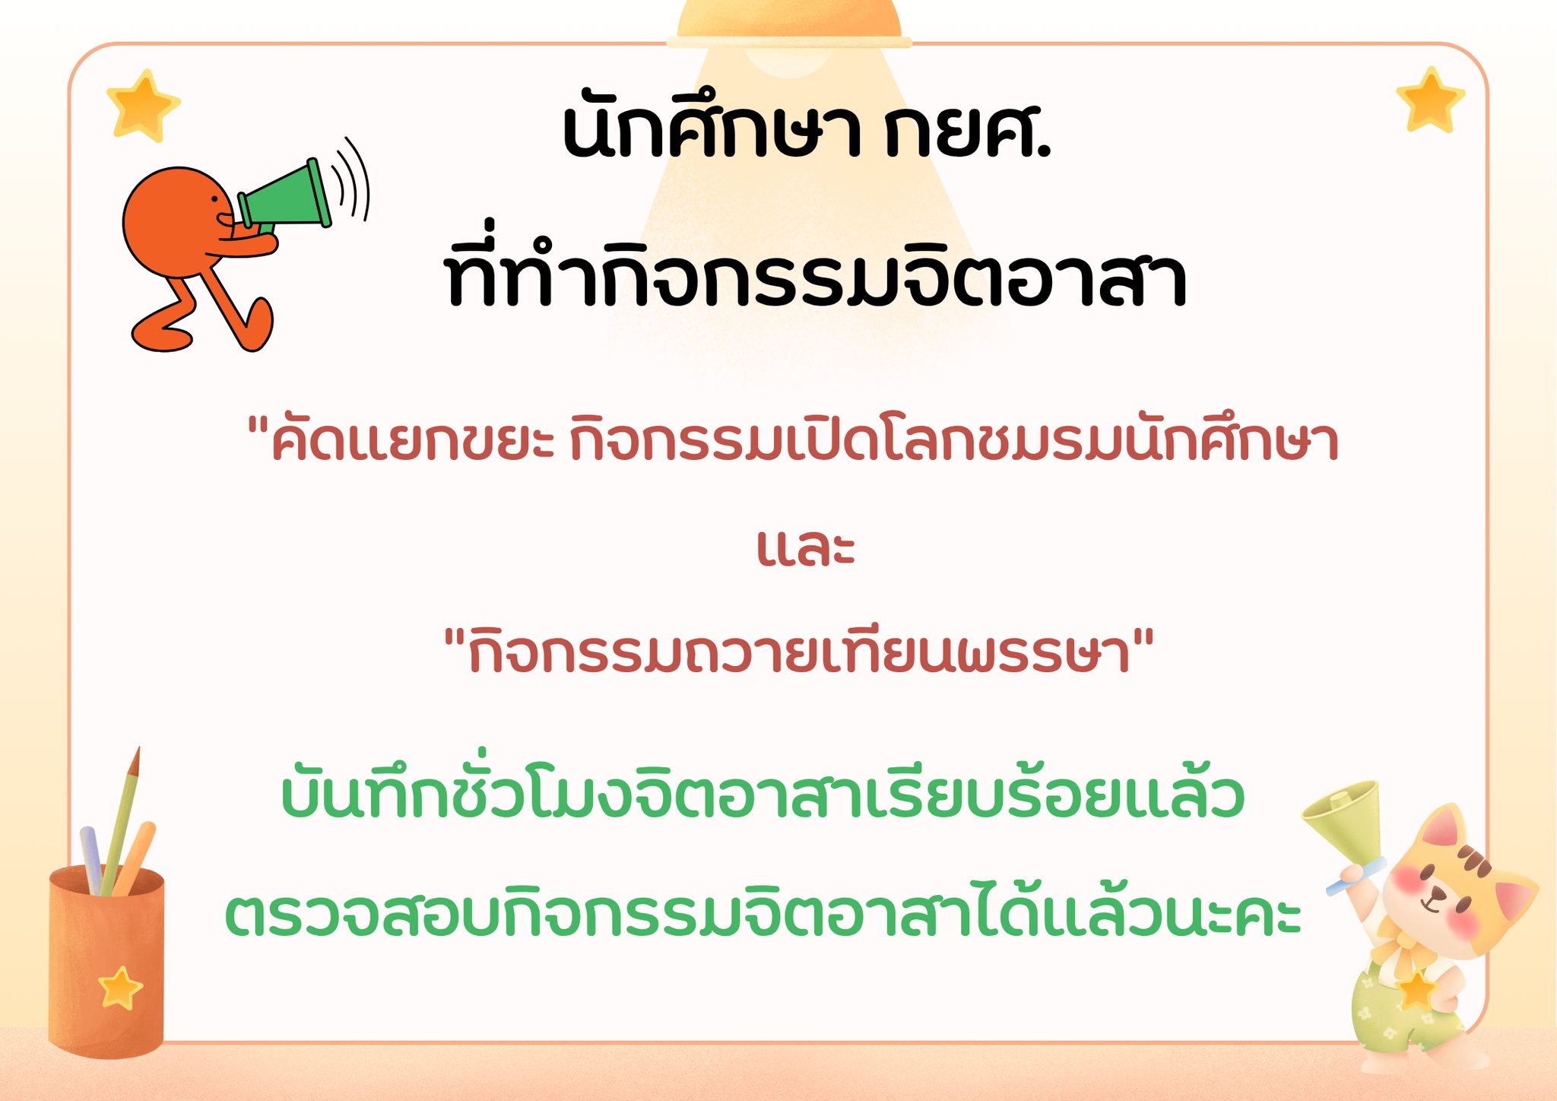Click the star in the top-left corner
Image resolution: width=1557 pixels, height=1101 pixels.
pos(142,106)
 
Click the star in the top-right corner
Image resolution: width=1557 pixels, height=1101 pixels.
pos(1430,100)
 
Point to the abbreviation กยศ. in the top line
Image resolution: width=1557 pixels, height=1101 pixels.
pos(968,129)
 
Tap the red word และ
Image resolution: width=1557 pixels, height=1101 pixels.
pos(806,547)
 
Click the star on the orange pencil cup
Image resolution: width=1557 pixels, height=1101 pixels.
pos(120,988)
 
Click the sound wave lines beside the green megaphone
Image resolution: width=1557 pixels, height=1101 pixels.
pos(351,181)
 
